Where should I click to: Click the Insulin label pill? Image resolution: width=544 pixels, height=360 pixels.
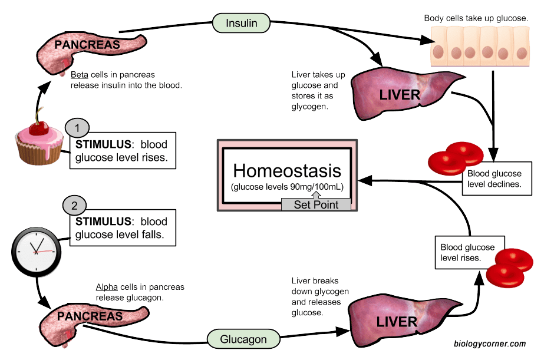[242, 23]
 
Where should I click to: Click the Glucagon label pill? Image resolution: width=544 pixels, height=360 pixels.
[243, 339]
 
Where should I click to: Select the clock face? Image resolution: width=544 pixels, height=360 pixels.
[36, 249]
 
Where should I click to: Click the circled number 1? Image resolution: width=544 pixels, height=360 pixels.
[76, 127]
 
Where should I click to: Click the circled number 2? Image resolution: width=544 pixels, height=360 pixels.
[74, 206]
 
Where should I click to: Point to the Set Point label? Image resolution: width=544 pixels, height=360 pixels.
[316, 204]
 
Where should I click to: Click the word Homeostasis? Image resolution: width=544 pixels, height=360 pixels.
[287, 170]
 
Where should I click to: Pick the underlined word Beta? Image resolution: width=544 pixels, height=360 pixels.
[79, 75]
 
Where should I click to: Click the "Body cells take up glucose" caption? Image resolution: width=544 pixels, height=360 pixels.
[476, 18]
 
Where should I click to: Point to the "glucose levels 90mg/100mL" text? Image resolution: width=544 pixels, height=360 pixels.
[287, 187]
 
